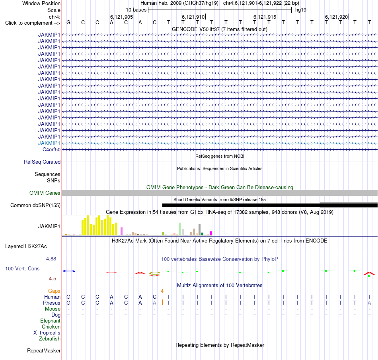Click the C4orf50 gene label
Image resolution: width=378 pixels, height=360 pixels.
[x=51, y=150]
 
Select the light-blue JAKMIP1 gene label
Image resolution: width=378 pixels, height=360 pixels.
[x=49, y=143]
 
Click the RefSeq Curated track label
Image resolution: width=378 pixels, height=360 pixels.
[x=42, y=162]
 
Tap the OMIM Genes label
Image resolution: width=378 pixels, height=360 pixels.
[x=45, y=193]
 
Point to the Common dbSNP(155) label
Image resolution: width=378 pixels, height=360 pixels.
[x=35, y=205]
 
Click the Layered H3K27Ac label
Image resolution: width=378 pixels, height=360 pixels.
[x=26, y=247]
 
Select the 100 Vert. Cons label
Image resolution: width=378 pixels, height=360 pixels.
[x=22, y=268]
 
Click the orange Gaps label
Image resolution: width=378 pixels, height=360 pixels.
[x=54, y=291]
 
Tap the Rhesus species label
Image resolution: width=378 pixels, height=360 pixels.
[x=52, y=303]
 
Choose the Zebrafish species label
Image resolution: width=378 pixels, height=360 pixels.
[x=50, y=339]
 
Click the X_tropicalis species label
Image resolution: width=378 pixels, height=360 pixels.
[x=47, y=333]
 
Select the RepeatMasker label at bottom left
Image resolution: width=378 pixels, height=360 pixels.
[x=44, y=350]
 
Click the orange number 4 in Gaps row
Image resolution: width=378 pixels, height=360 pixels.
[x=162, y=291]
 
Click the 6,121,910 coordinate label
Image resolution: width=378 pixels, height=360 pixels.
[x=193, y=17]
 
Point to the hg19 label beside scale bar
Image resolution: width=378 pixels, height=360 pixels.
[x=301, y=10]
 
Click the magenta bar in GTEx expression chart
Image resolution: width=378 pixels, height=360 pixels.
[x=211, y=233]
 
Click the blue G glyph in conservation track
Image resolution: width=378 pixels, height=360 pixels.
[x=69, y=271]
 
